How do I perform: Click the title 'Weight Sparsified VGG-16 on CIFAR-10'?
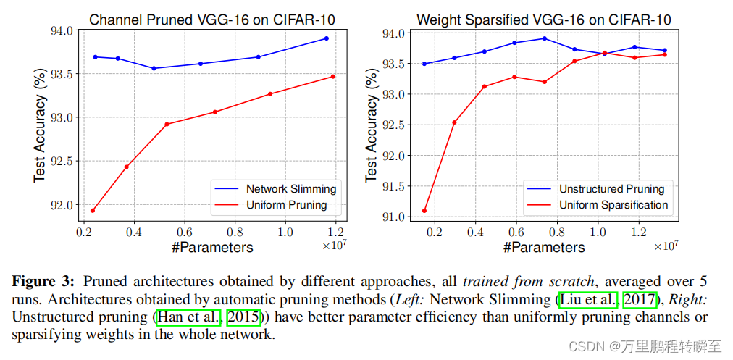[x=543, y=20]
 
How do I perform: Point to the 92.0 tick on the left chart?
[x=63, y=205]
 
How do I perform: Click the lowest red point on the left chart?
[x=93, y=211]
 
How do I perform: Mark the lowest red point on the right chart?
[x=424, y=211]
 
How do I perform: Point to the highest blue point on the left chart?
[x=327, y=38]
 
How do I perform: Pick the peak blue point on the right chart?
[x=545, y=38]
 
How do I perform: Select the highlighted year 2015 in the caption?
[x=243, y=317]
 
